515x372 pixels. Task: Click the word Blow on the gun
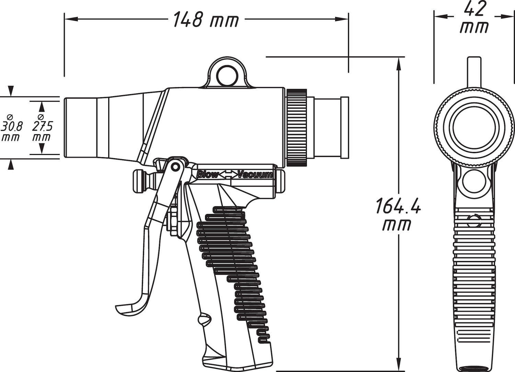(207, 175)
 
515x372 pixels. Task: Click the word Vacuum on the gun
(255, 175)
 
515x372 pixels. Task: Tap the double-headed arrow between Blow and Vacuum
(228, 175)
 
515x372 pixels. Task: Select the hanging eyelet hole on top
(228, 76)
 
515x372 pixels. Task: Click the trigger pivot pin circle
(175, 166)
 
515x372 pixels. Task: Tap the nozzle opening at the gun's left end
(66, 128)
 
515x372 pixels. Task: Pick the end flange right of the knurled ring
(345, 128)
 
